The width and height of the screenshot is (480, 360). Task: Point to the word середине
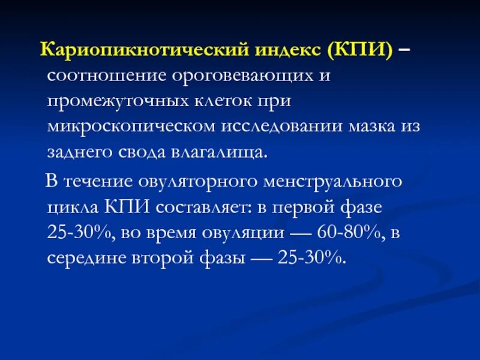click(x=86, y=258)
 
